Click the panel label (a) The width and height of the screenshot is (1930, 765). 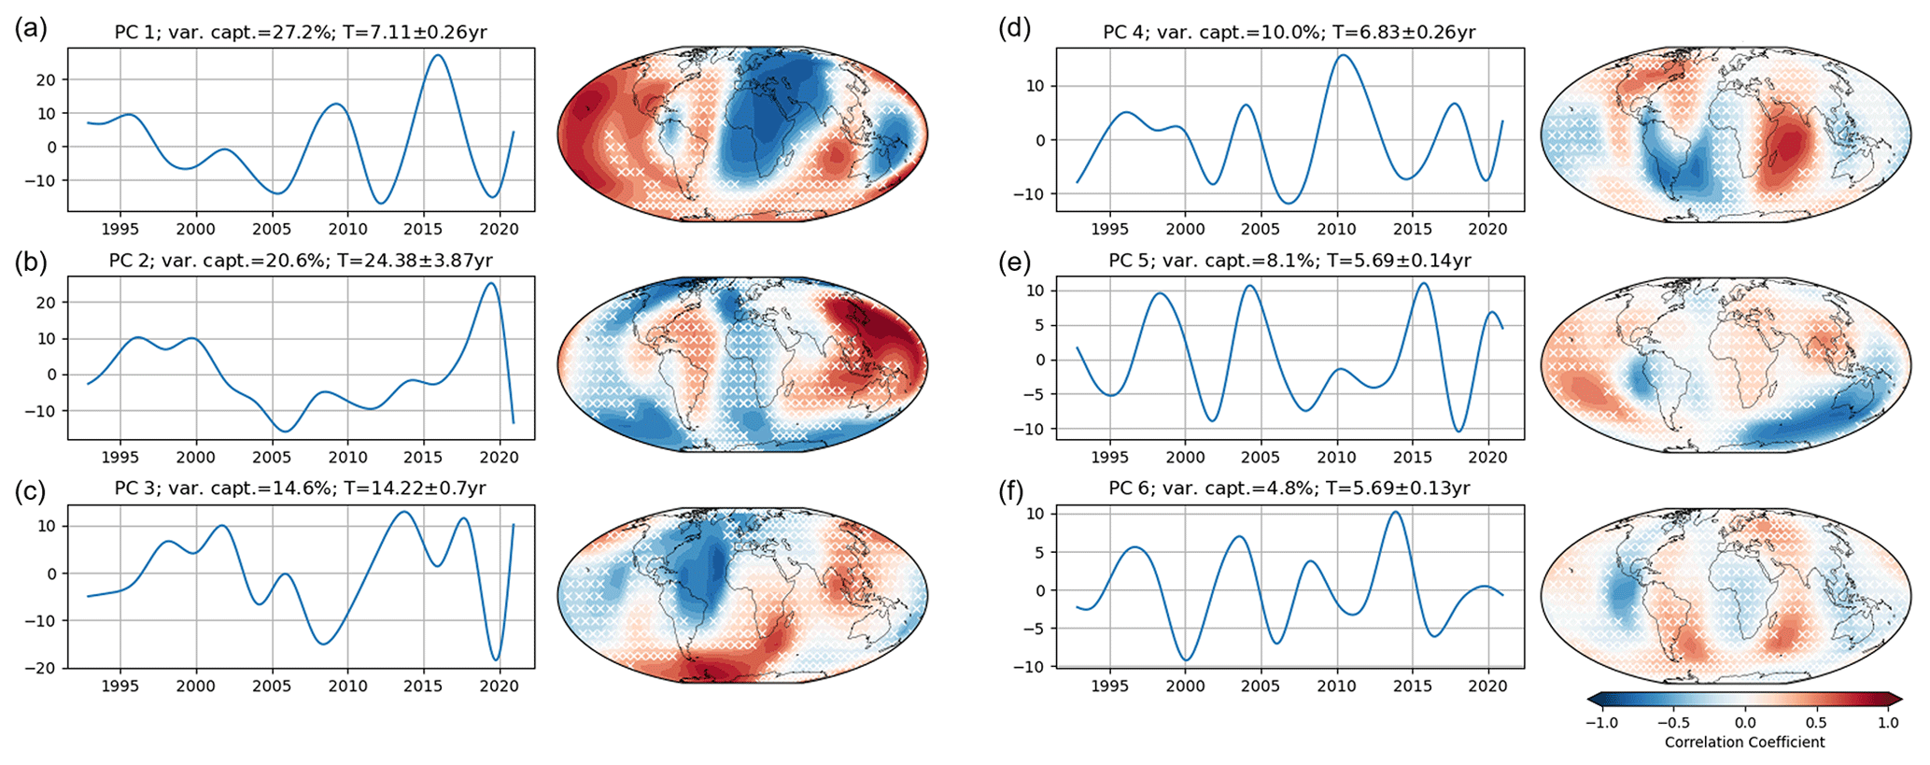click(x=30, y=29)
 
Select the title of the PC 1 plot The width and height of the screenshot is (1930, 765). click(x=301, y=33)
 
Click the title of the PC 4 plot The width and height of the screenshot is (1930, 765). click(x=1289, y=33)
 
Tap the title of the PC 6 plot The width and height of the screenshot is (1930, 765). click(x=1289, y=489)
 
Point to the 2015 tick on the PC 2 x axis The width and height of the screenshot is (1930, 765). click(x=423, y=457)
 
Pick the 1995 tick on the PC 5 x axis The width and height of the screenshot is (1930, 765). click(x=1109, y=457)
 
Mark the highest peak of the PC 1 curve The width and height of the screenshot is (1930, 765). click(x=437, y=55)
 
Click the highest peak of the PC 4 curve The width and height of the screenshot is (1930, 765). click(x=1342, y=55)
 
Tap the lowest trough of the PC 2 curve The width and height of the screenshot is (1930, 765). click(x=286, y=431)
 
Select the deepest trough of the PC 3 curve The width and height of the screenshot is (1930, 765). click(x=496, y=659)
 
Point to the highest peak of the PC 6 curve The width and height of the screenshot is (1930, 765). click(x=1395, y=512)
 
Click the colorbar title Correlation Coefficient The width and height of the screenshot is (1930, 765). click(x=1744, y=743)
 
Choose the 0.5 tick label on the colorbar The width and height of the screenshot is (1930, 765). click(x=1816, y=722)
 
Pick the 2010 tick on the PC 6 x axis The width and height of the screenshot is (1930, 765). click(x=1336, y=686)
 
